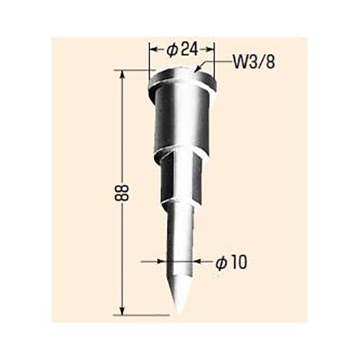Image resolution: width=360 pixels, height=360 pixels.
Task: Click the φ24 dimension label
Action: click(182, 50)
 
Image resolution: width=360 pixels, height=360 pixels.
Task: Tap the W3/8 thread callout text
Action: click(252, 63)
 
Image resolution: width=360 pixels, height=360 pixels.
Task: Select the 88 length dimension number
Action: click(107, 193)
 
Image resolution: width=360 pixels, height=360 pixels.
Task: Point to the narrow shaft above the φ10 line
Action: click(179, 230)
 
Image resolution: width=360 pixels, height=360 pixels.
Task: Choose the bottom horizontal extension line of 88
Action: click(144, 314)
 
